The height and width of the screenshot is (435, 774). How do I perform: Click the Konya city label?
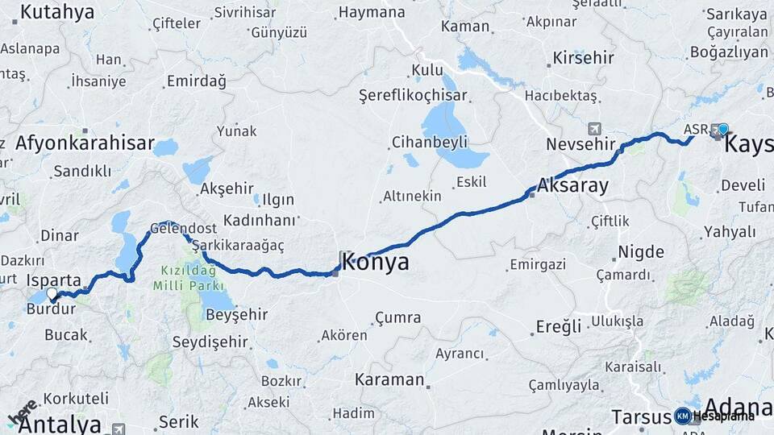[375, 262]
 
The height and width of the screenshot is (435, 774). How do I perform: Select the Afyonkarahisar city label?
[85, 144]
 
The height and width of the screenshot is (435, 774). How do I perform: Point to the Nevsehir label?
[574, 145]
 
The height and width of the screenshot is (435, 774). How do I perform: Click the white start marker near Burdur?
[52, 294]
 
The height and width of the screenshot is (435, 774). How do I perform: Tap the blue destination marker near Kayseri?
[722, 129]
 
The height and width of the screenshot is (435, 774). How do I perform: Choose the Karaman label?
[389, 379]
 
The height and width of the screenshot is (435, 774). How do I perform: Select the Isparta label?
[54, 280]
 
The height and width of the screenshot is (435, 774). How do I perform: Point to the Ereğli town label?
[559, 326]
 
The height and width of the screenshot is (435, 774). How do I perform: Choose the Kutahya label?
[57, 12]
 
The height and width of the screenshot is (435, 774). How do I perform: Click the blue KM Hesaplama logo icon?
[682, 416]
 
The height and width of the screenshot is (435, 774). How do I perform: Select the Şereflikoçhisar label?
[413, 96]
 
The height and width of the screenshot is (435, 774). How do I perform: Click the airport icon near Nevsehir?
[595, 129]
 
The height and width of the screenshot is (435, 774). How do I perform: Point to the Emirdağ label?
[196, 81]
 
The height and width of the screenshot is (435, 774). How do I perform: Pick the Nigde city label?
[640, 253]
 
